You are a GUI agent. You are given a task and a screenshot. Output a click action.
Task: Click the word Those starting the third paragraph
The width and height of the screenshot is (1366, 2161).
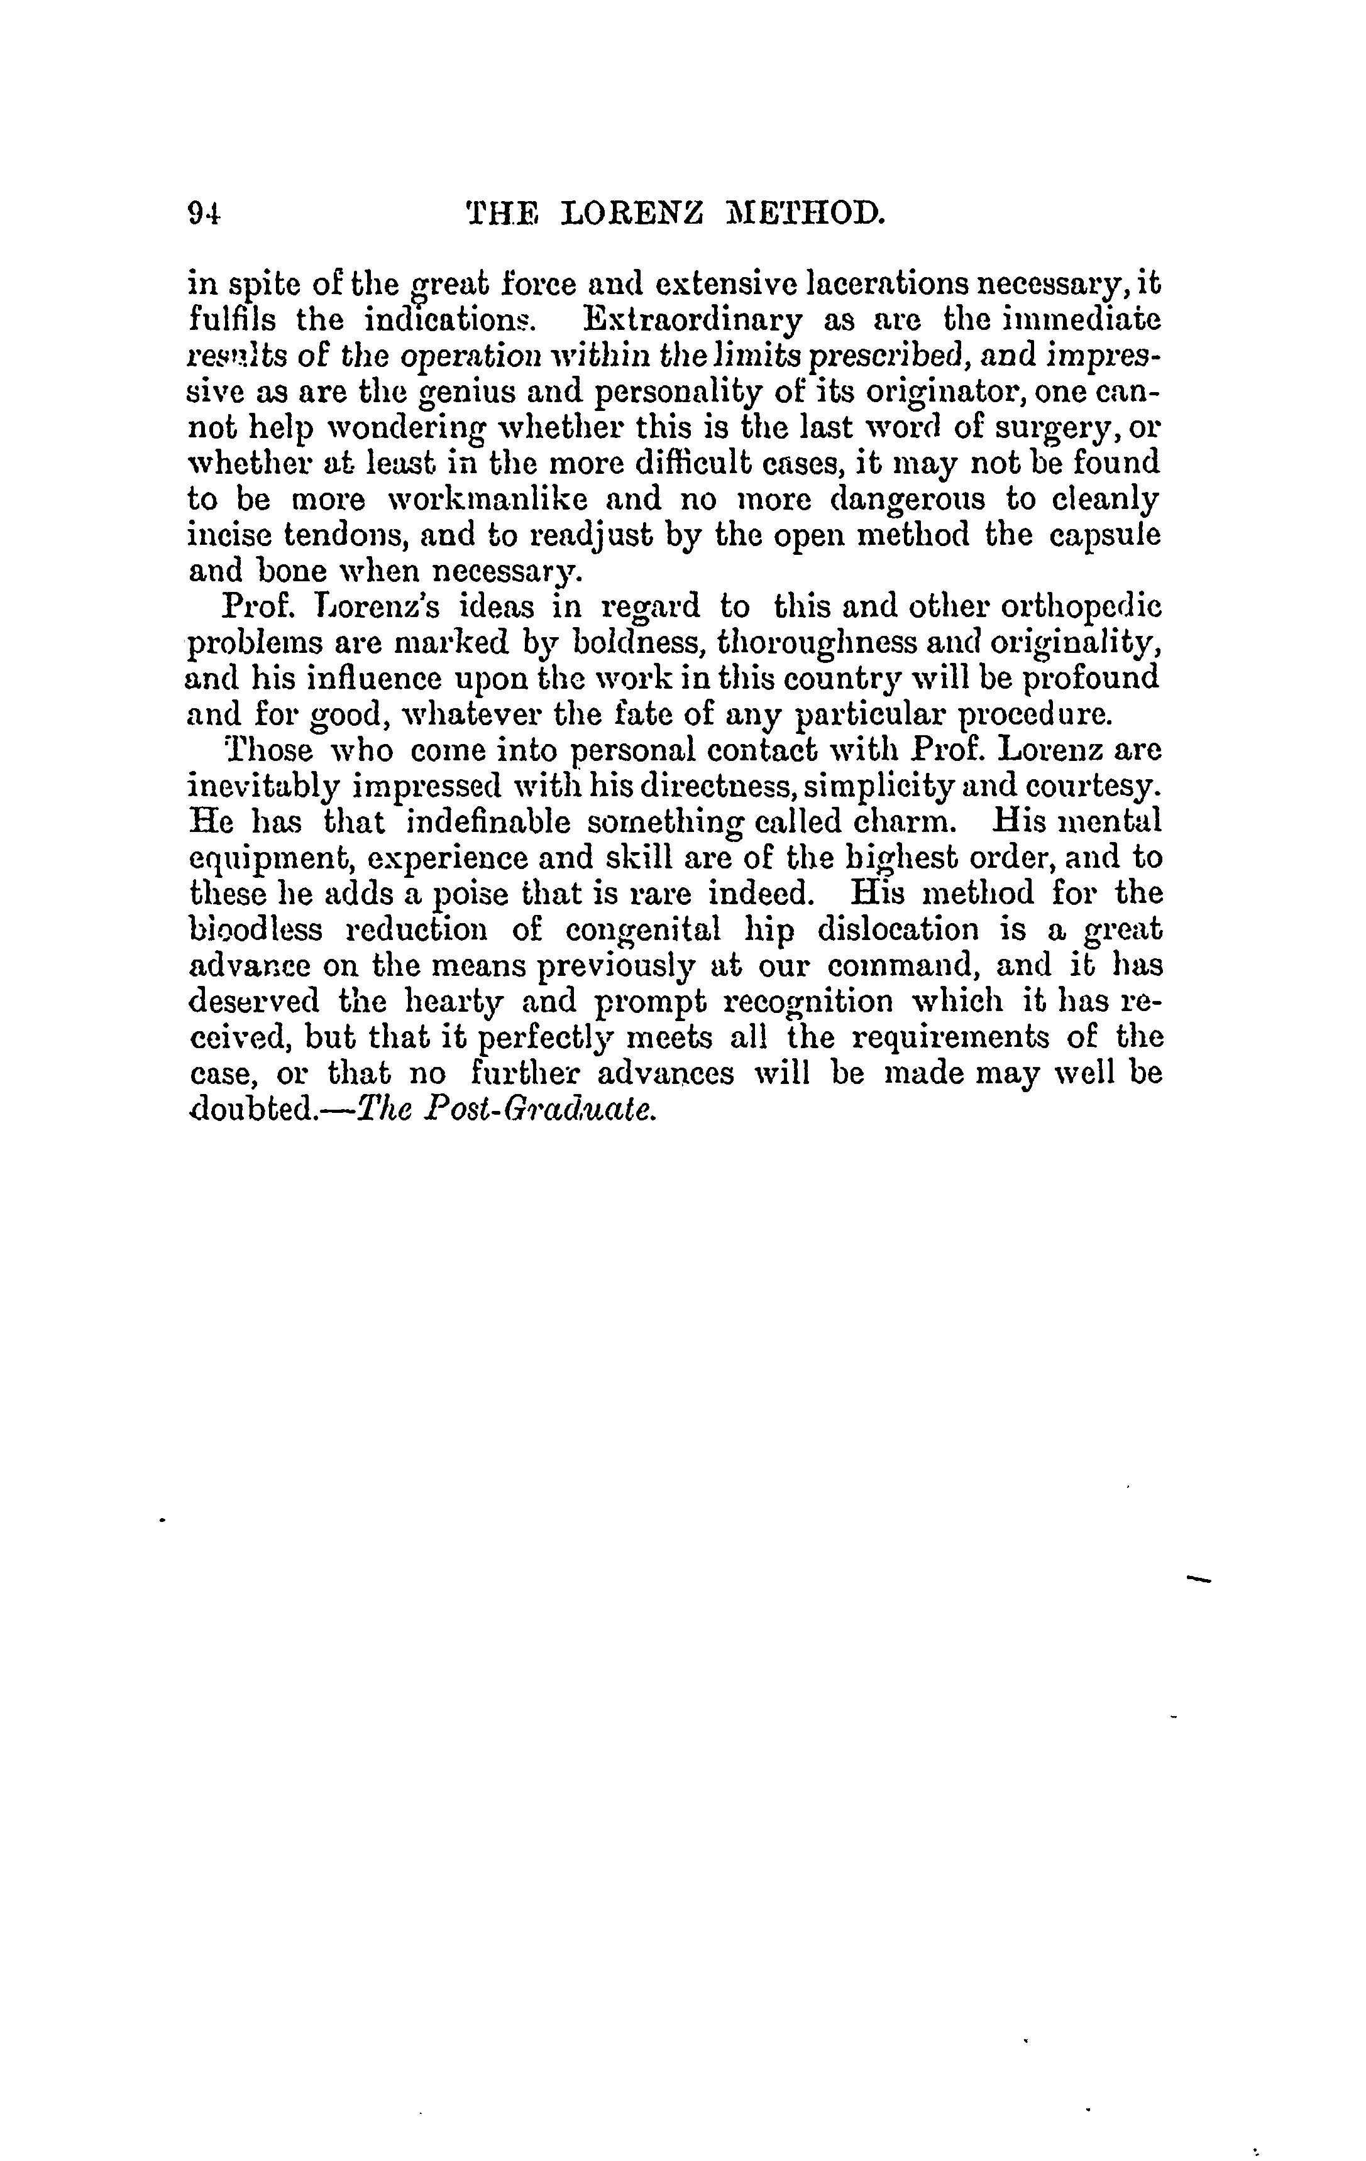pos(267,750)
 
